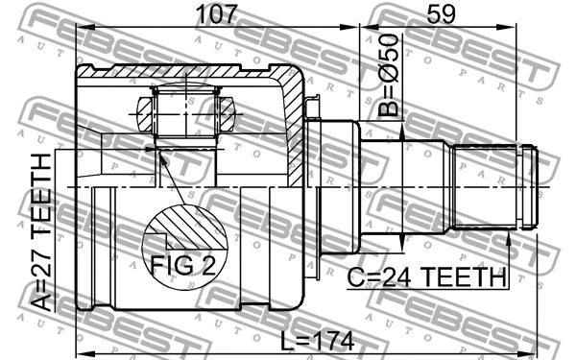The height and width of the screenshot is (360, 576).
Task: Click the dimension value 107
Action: point(216,14)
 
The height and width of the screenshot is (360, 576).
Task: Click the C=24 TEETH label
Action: point(427,277)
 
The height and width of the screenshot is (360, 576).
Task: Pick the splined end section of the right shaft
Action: point(485,186)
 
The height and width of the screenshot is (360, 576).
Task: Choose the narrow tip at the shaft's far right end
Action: point(531,186)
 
